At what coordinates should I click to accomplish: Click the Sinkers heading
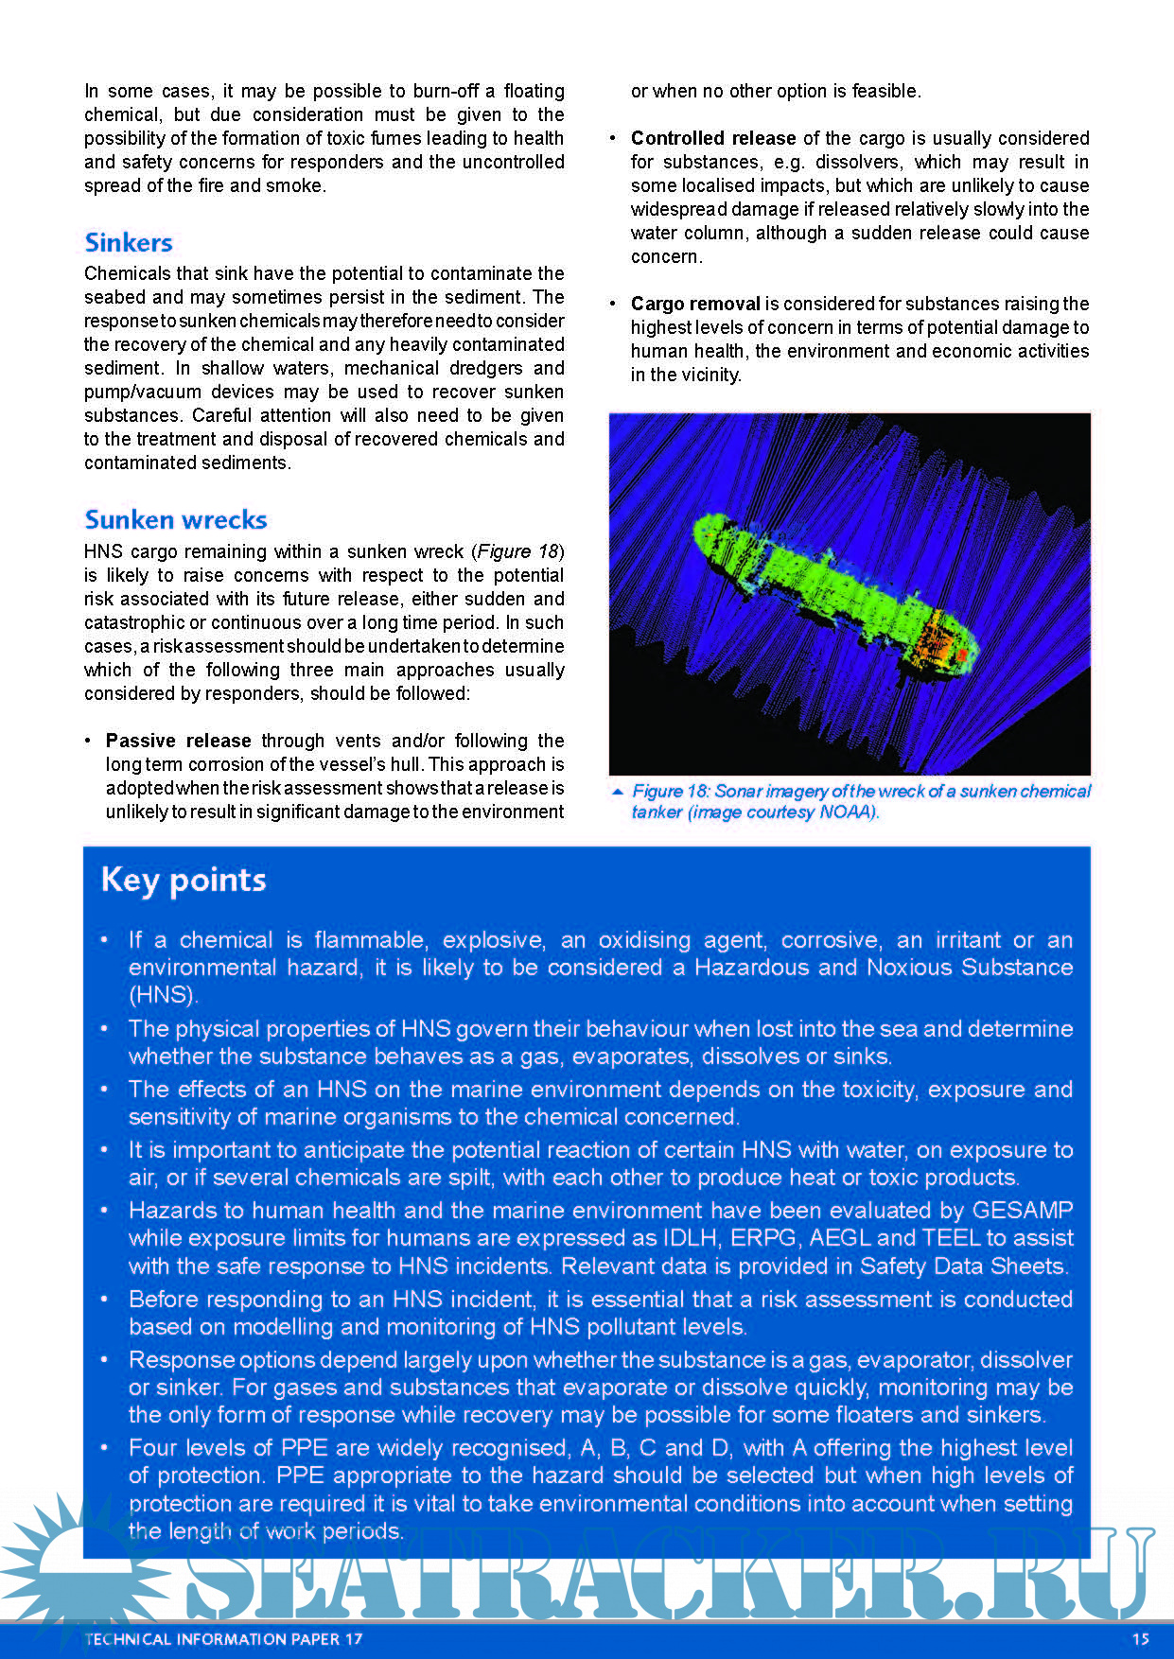(129, 243)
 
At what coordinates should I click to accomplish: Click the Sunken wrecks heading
(176, 520)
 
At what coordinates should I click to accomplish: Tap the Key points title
(184, 880)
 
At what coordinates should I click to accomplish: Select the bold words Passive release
(178, 741)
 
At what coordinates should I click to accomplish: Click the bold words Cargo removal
(695, 304)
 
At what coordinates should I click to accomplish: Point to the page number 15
(1140, 1639)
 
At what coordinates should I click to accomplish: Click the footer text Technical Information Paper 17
(223, 1639)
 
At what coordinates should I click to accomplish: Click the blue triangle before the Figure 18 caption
(618, 792)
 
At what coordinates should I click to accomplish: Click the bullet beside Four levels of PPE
(105, 1448)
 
